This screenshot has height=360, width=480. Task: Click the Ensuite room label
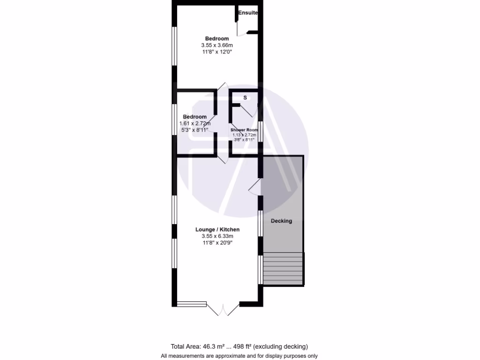(x=247, y=13)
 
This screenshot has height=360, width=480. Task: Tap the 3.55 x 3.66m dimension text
(x=217, y=45)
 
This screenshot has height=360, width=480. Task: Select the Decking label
(x=281, y=221)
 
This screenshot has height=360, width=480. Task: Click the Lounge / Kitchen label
(x=217, y=230)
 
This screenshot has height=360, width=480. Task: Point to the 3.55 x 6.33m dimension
(x=217, y=236)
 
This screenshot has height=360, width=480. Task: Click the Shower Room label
(x=244, y=130)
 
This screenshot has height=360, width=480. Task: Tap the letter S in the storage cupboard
(x=245, y=98)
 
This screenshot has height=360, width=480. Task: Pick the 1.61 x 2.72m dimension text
(x=195, y=124)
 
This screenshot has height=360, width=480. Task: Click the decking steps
(x=283, y=268)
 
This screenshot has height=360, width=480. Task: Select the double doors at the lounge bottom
(x=223, y=309)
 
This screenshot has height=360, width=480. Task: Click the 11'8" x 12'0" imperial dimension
(x=217, y=52)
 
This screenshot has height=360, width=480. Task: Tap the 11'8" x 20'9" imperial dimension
(x=217, y=243)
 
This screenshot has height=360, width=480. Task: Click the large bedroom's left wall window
(x=174, y=46)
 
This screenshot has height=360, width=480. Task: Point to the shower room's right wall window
(x=260, y=131)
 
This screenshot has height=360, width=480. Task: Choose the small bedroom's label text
(x=195, y=117)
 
